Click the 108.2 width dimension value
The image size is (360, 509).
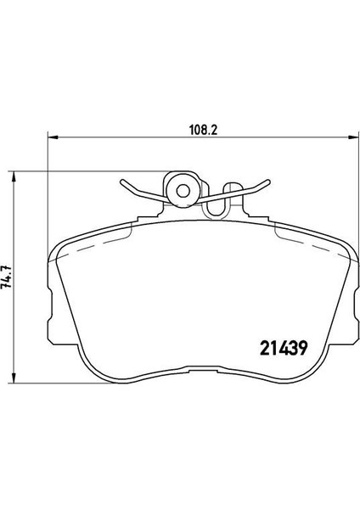[203, 131]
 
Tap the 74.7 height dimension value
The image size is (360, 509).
[7, 277]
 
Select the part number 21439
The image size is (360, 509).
[284, 349]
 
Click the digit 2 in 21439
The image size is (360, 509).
[265, 349]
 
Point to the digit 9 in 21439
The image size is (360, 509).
[302, 349]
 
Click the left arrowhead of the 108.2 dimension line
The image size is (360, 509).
[53, 137]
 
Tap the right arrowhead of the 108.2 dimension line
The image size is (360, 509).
[353, 137]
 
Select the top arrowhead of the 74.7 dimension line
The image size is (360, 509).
[14, 177]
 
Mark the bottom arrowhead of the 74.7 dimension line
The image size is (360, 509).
[14, 378]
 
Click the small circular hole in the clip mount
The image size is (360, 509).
[183, 191]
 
